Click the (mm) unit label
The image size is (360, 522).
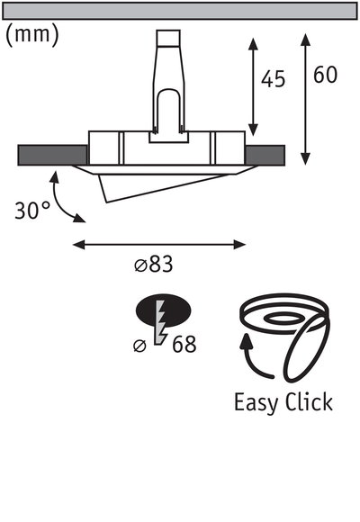[x=33, y=35]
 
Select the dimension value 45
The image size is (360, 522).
[x=273, y=79]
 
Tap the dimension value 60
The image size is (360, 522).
[x=324, y=76]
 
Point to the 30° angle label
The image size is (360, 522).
[x=32, y=211]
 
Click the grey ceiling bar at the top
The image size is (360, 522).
[x=180, y=11]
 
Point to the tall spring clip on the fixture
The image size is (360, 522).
[x=168, y=81]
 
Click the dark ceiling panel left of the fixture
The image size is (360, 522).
[x=51, y=154]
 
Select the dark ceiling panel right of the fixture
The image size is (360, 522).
[x=266, y=154]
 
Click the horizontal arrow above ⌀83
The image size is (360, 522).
[x=158, y=243]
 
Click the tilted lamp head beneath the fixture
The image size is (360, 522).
[x=162, y=184]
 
